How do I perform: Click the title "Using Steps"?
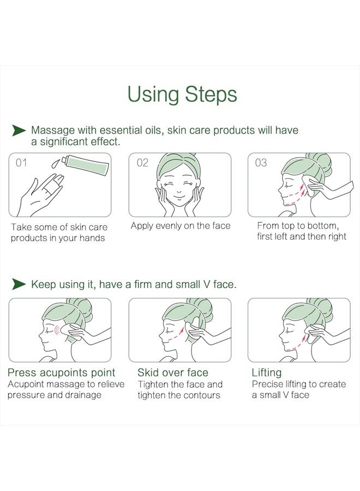(x=182, y=94)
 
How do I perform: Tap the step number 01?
(x=21, y=163)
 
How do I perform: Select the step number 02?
(x=142, y=163)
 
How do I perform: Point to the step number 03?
(x=261, y=163)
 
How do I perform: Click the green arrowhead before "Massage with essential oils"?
(x=19, y=130)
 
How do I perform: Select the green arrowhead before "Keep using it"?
(x=19, y=284)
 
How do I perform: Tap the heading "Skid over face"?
(x=173, y=373)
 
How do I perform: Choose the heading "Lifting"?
(x=267, y=373)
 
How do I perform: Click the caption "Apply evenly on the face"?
(x=181, y=226)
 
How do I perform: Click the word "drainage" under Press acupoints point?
(x=82, y=395)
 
